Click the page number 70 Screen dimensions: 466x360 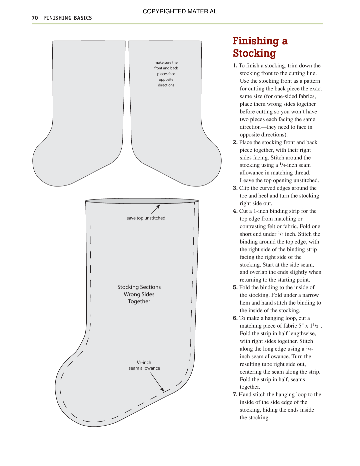point(35,18)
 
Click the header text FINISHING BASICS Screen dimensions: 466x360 point(68,18)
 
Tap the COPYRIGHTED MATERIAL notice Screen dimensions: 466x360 point(180,11)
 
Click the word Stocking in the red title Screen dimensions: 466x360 point(254,53)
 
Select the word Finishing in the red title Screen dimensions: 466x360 point(255,41)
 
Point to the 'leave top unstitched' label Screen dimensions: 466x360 point(145,218)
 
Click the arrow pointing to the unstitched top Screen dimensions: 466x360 point(156,209)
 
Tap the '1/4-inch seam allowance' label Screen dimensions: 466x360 point(144,365)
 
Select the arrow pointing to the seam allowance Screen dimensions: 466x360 point(157,382)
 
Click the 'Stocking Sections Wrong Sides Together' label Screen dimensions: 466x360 point(139,294)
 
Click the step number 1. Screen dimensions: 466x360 point(235,66)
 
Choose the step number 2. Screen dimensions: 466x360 point(235,142)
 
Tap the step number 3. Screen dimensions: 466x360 point(235,188)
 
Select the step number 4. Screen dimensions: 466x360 point(235,211)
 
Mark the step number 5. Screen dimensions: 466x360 point(235,288)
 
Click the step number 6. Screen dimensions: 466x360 point(235,318)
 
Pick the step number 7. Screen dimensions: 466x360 point(235,395)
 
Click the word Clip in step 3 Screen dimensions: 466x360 point(244,188)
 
